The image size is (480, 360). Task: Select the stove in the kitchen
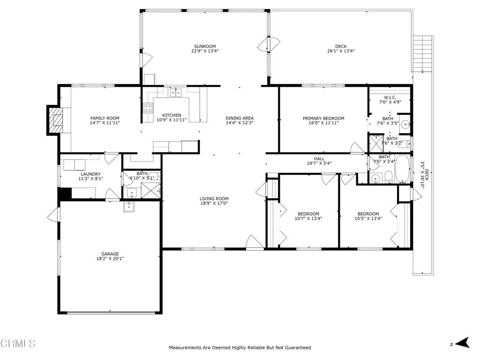click(x=148, y=108)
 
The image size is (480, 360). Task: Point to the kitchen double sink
click(x=176, y=92)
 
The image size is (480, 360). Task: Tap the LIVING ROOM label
click(x=214, y=198)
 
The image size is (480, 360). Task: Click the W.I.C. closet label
click(x=390, y=97)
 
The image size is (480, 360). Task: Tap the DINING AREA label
click(x=239, y=118)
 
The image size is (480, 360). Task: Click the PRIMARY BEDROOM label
click(x=323, y=118)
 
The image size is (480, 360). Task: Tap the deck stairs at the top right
click(x=423, y=53)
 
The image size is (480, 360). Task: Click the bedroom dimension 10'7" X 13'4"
click(x=308, y=218)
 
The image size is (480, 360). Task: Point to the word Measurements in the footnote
click(x=185, y=348)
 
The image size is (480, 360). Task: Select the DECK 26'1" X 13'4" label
click(x=341, y=46)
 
